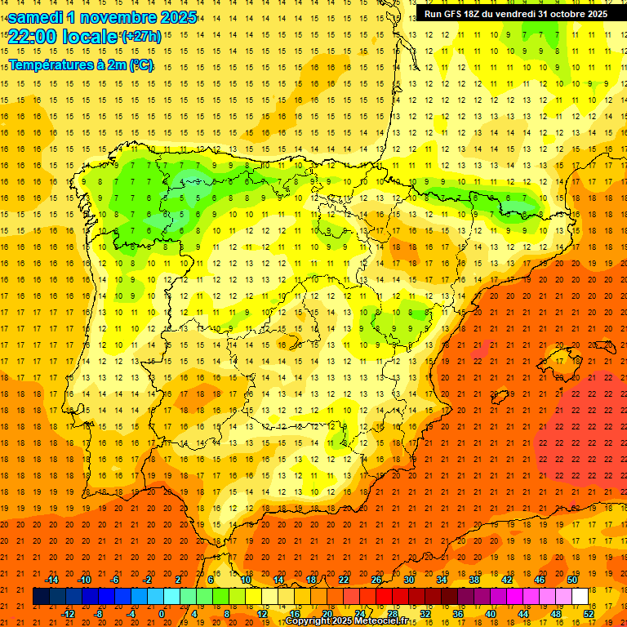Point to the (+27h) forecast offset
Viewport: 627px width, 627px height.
coord(141,37)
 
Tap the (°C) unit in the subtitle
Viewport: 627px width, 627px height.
coord(140,64)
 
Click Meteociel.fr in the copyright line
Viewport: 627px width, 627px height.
coord(384,621)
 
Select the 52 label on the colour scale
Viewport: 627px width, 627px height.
coord(589,613)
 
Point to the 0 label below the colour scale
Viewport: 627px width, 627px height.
coord(162,613)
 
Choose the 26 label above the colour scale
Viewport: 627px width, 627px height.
coord(376,580)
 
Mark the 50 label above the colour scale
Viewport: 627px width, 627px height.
coord(572,580)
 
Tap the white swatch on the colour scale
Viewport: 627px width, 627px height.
coord(580,597)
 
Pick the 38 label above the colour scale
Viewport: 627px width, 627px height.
coord(474,580)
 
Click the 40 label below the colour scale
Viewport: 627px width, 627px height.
coord(491,613)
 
